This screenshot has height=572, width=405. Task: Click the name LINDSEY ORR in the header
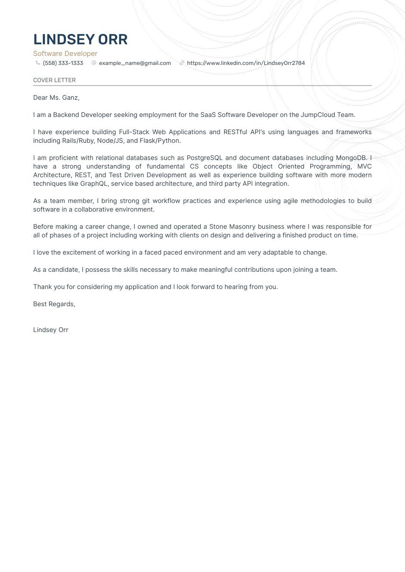click(x=80, y=39)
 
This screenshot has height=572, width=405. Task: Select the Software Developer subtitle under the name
click(x=65, y=53)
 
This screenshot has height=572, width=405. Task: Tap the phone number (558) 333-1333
click(x=63, y=63)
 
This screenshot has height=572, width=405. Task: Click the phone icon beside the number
click(x=38, y=63)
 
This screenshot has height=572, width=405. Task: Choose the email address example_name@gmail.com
click(x=135, y=63)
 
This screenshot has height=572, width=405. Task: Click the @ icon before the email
click(x=94, y=63)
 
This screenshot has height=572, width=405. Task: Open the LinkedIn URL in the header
click(x=246, y=63)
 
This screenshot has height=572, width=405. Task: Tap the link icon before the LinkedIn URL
click(x=182, y=63)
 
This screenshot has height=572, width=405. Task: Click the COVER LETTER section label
click(x=54, y=80)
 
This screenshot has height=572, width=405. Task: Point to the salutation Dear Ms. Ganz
click(x=56, y=98)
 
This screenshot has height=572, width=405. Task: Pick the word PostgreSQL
click(x=204, y=158)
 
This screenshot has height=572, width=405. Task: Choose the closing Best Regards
click(x=54, y=304)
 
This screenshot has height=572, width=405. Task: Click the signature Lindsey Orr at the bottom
click(x=51, y=330)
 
